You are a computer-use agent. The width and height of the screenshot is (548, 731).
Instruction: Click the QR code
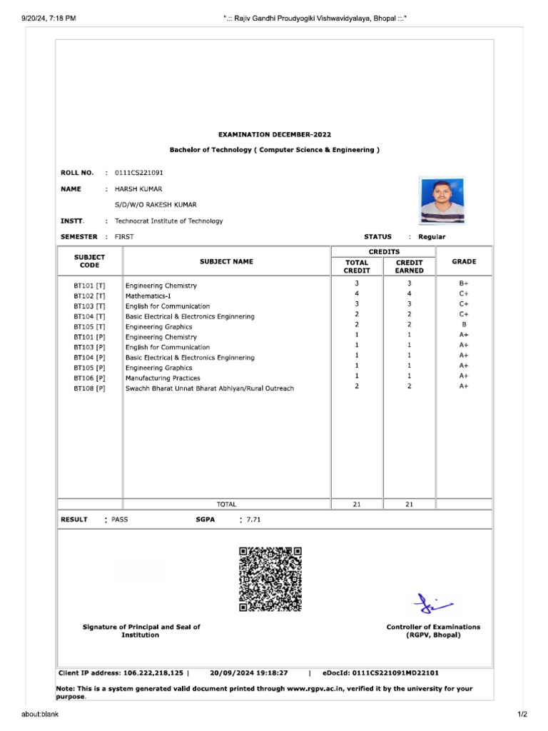click(x=270, y=579)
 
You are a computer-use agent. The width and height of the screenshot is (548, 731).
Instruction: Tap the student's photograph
click(x=442, y=201)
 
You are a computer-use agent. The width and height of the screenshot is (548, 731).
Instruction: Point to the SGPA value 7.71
click(x=253, y=520)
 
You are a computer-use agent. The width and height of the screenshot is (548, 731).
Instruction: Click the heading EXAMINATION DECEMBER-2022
click(x=274, y=134)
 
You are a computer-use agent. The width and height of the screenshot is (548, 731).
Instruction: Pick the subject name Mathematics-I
click(x=148, y=296)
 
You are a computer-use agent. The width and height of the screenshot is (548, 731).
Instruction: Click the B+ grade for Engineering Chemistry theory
click(x=464, y=283)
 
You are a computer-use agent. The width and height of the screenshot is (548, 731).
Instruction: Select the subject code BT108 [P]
click(x=89, y=388)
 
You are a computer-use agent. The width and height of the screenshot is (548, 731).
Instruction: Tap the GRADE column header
click(x=464, y=262)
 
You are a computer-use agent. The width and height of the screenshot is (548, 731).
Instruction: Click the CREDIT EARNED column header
click(x=409, y=266)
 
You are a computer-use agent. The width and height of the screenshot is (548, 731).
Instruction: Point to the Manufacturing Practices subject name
click(x=163, y=378)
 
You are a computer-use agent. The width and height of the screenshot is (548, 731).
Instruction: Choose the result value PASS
click(x=120, y=520)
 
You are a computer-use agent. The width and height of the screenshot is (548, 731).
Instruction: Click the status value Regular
click(x=432, y=237)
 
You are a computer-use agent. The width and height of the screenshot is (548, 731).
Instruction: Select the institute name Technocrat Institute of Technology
click(x=169, y=221)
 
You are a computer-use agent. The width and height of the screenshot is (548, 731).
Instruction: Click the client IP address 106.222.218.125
click(x=153, y=672)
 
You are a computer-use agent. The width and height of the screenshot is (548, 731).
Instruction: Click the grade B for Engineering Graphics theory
click(x=464, y=325)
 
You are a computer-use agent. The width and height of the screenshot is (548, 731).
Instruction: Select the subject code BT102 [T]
click(x=89, y=296)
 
